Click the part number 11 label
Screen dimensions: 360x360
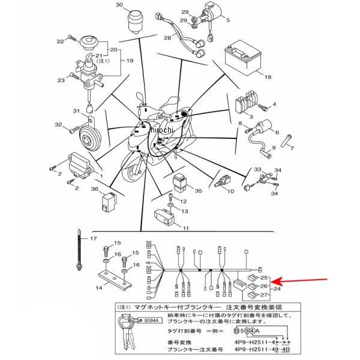pos(185,229)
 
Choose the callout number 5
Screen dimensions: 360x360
pos(228,20)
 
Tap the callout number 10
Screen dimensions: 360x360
pos(230,191)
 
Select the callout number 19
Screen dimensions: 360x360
pos(127,61)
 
